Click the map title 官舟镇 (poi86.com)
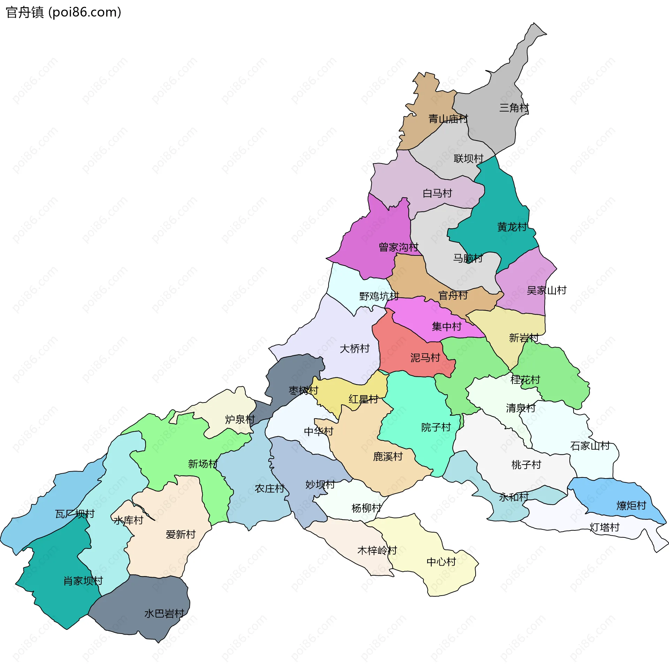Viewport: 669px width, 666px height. (63, 13)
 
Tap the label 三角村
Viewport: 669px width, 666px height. (514, 108)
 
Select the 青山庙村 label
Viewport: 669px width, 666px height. (448, 119)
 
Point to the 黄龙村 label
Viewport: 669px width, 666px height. (512, 227)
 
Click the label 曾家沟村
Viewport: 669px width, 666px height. (398, 247)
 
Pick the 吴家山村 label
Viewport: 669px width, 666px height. (546, 290)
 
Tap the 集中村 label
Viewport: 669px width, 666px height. (446, 326)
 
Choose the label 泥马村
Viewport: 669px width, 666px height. (425, 357)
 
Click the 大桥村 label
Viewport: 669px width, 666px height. (354, 348)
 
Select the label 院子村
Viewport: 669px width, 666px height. (436, 427)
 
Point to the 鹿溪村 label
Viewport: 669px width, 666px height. (388, 456)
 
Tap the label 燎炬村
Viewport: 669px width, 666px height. (631, 505)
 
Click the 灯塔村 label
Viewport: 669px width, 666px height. (605, 527)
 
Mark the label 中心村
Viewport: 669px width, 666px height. (441, 562)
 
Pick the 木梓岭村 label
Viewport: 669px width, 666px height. (377, 550)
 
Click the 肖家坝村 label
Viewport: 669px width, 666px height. (83, 581)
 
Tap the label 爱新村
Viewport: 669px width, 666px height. (180, 534)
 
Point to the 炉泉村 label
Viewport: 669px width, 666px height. (240, 419)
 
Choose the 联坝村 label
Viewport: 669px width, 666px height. (468, 159)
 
